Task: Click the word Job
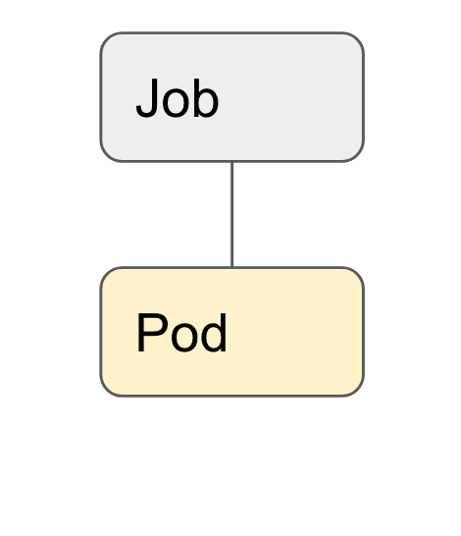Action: (178, 98)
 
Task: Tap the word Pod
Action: (181, 332)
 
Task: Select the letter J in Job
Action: (147, 98)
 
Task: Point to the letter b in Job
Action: (206, 98)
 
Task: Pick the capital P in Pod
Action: (152, 332)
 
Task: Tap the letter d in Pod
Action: (214, 332)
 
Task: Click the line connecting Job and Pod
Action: (232, 214)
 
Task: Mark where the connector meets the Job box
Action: (232, 161)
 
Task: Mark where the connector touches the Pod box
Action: (232, 267)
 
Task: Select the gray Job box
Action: (232, 97)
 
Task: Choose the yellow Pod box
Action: (232, 332)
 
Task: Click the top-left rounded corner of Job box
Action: (106, 38)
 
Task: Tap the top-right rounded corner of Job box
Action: (358, 38)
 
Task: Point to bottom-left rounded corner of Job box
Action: (106, 155)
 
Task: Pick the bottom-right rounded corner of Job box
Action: (358, 155)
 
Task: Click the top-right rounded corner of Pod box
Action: (358, 273)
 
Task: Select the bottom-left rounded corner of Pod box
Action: (106, 391)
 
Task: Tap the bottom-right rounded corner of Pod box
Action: (358, 391)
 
